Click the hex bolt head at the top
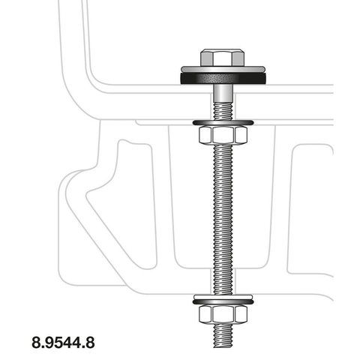pyautogui.click(x=222, y=58)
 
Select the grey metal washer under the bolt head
pyautogui.click(x=223, y=69)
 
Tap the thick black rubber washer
pyautogui.click(x=223, y=78)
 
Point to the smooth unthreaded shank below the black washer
pyautogui.click(x=223, y=93)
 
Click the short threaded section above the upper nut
pyautogui.click(x=223, y=110)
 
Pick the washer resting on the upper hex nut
pyautogui.click(x=223, y=123)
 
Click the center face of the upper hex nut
pyautogui.click(x=223, y=135)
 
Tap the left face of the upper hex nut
pyautogui.click(x=205, y=135)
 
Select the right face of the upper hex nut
pyautogui.click(x=241, y=135)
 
